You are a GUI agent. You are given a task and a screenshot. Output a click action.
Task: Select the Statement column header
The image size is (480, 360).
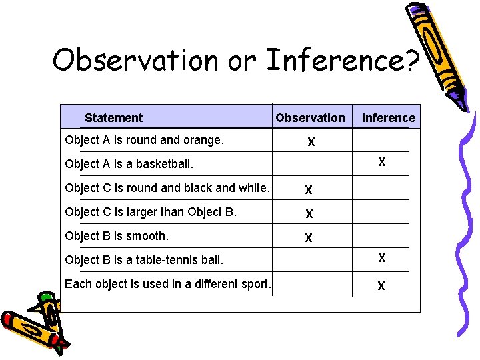pyautogui.click(x=113, y=118)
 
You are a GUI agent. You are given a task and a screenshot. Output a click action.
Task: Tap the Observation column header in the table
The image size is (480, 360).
pyautogui.click(x=310, y=118)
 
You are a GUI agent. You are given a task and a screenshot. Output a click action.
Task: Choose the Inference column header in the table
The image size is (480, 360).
pyautogui.click(x=388, y=118)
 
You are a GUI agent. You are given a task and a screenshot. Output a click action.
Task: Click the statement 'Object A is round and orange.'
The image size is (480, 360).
pyautogui.click(x=144, y=140)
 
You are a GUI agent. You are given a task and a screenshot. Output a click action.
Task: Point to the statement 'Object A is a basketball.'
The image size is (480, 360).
pyautogui.click(x=129, y=164)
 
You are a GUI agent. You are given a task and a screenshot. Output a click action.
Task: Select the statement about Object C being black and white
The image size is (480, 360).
pyautogui.click(x=167, y=188)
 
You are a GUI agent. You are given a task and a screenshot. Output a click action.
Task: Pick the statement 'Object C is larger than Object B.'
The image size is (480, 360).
pyautogui.click(x=151, y=212)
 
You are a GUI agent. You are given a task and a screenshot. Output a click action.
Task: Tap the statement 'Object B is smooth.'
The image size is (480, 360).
pyautogui.click(x=117, y=236)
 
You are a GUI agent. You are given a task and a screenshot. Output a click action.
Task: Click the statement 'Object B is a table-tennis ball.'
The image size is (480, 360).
pyautogui.click(x=144, y=260)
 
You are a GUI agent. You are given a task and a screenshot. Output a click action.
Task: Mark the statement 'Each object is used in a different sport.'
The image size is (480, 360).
pyautogui.click(x=167, y=284)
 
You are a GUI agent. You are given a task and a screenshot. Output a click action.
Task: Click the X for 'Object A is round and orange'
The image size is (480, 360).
pyautogui.click(x=311, y=142)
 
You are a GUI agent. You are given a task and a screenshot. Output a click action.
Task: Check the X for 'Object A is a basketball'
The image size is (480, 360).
pyautogui.click(x=381, y=161)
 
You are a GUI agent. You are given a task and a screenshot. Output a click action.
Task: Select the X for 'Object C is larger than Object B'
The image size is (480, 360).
pyautogui.click(x=309, y=214)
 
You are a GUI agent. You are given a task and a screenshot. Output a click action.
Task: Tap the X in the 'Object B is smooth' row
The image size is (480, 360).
pyautogui.click(x=309, y=238)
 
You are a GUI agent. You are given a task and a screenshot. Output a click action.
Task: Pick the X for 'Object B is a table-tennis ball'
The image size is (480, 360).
pyautogui.click(x=381, y=258)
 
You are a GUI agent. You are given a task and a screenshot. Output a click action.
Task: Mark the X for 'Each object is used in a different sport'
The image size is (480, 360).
pyautogui.click(x=381, y=286)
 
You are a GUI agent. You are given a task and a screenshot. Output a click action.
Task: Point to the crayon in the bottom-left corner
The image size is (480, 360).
pyautogui.click(x=33, y=323)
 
